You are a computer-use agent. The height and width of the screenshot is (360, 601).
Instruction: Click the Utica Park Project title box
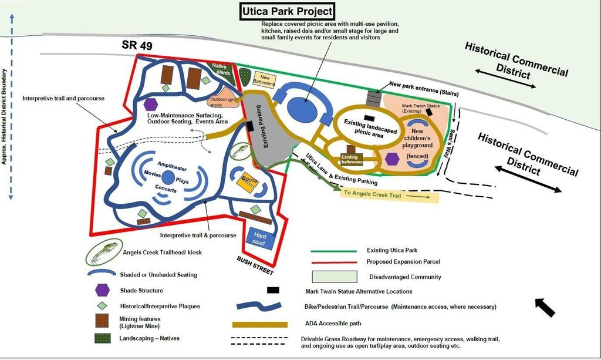tap(288, 11)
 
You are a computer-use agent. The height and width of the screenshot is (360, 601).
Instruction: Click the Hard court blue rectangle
tap(259, 238)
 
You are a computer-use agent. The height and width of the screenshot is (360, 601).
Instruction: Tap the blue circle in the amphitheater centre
tap(168, 177)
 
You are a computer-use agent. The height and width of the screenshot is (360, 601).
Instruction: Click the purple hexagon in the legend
tap(102, 290)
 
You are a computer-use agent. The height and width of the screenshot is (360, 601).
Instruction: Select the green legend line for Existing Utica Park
tap(334, 251)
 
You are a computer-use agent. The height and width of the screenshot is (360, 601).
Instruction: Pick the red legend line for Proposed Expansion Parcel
tap(334, 262)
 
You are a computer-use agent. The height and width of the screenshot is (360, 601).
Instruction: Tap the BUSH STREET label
tap(255, 266)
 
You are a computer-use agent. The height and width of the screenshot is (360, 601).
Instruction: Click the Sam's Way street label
tap(453, 143)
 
